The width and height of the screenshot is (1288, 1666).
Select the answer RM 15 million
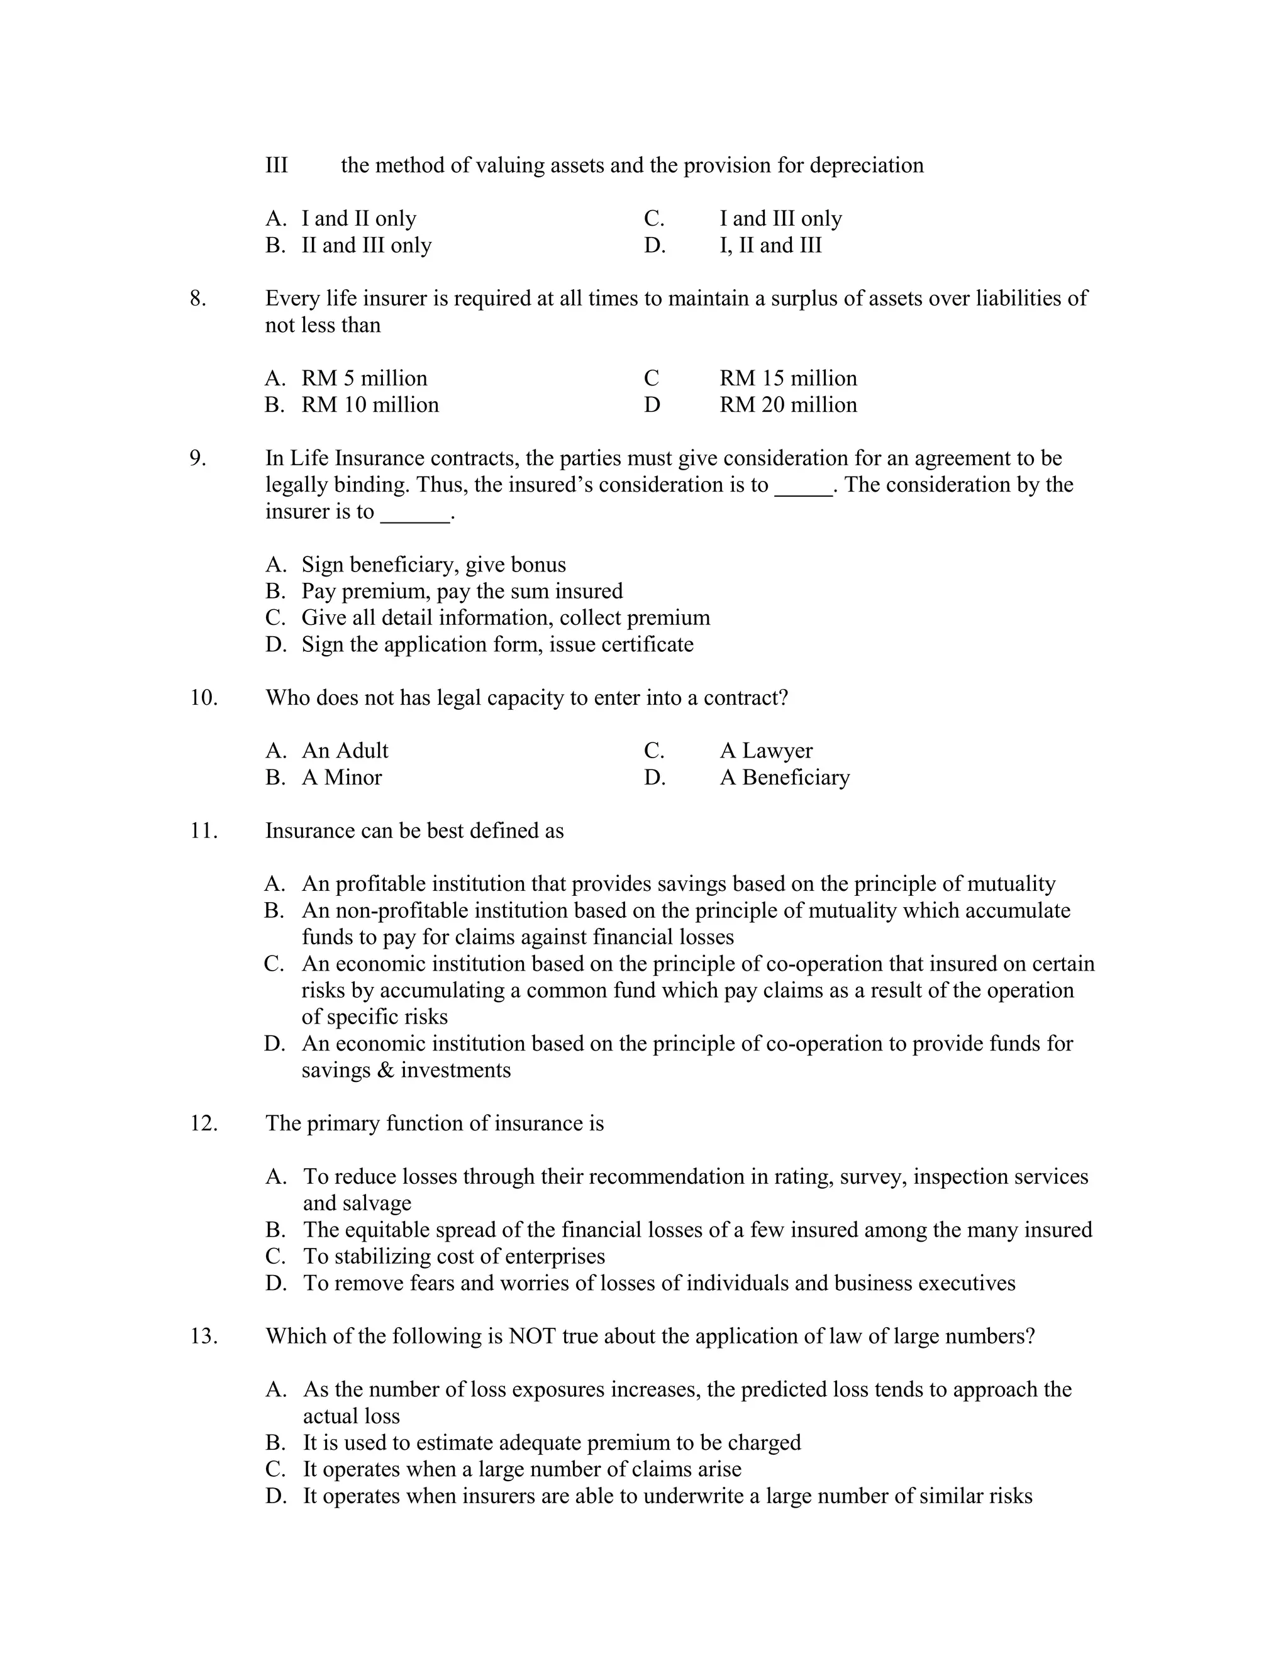787,378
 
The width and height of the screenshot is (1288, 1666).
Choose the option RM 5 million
364,378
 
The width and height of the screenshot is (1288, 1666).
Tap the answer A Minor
341,777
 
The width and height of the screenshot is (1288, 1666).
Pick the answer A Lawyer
765,751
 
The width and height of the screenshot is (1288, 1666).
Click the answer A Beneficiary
784,777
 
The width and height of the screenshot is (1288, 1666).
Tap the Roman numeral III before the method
276,165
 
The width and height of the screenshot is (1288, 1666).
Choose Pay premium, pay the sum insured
462,591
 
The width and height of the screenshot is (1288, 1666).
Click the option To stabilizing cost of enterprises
454,1256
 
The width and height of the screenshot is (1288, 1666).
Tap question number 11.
203,830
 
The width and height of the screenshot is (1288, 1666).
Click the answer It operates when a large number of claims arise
522,1469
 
